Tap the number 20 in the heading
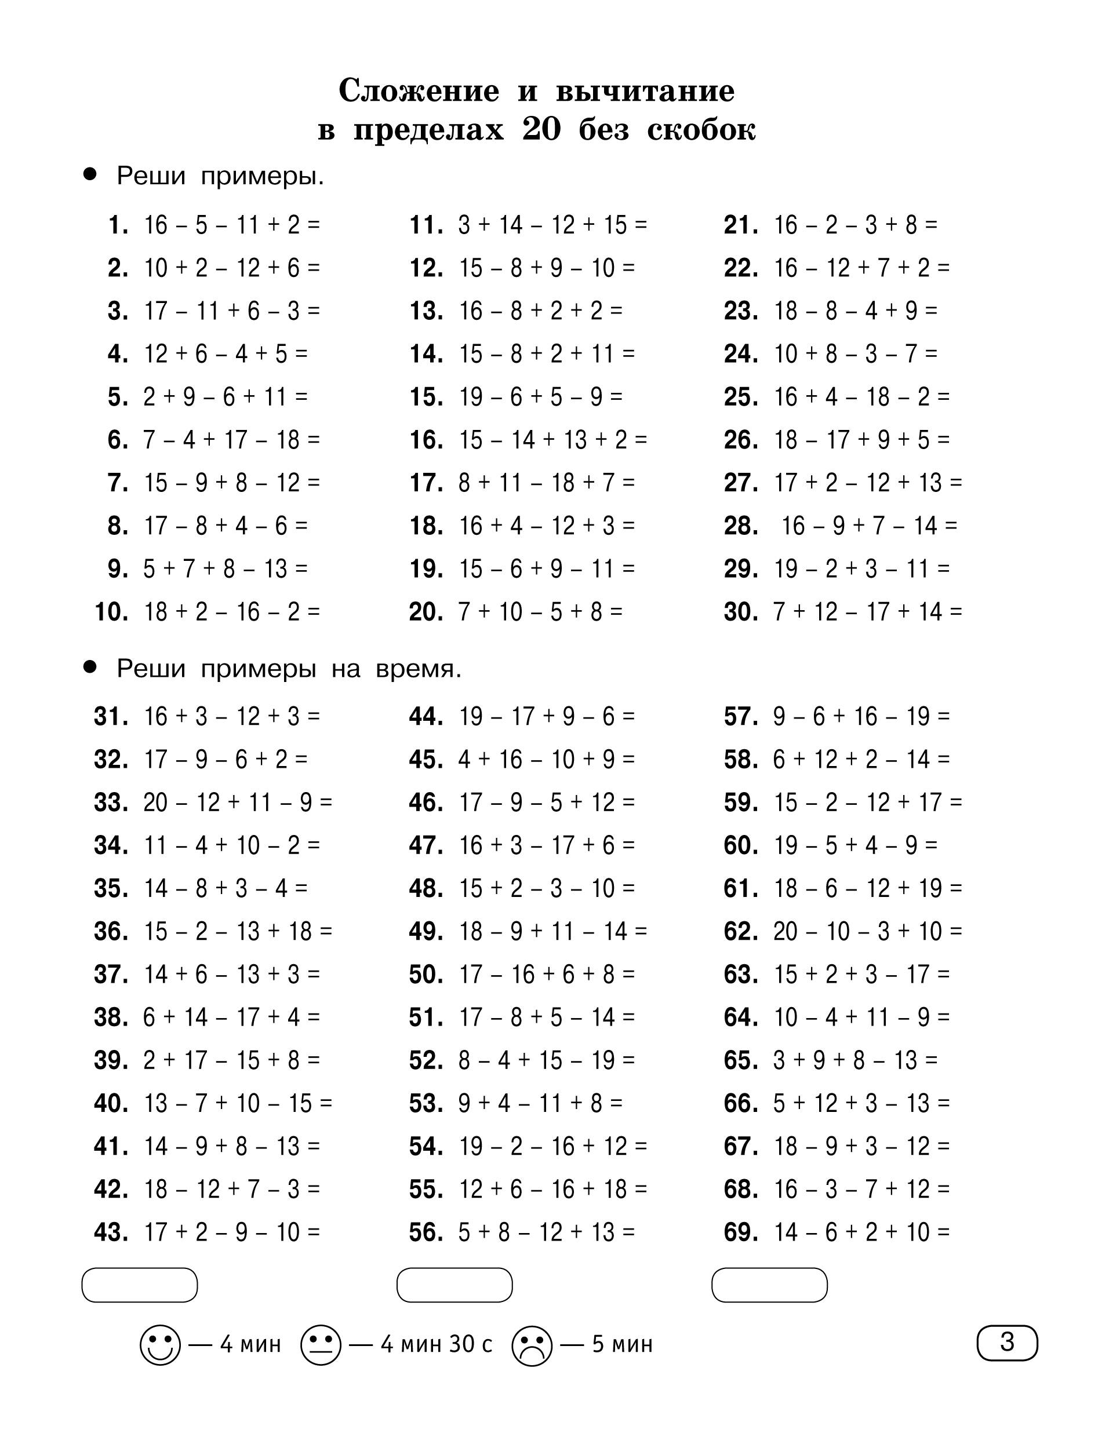(x=541, y=130)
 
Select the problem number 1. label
(x=118, y=225)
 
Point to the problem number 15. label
(x=426, y=397)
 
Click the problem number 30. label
(x=740, y=612)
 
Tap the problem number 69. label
(x=740, y=1232)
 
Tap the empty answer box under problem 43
(x=140, y=1285)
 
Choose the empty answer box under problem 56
(x=454, y=1285)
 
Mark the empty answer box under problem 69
(x=769, y=1285)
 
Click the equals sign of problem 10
(x=313, y=612)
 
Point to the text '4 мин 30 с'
(x=437, y=1344)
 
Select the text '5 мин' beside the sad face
(x=622, y=1344)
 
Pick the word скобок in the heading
(x=701, y=130)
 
